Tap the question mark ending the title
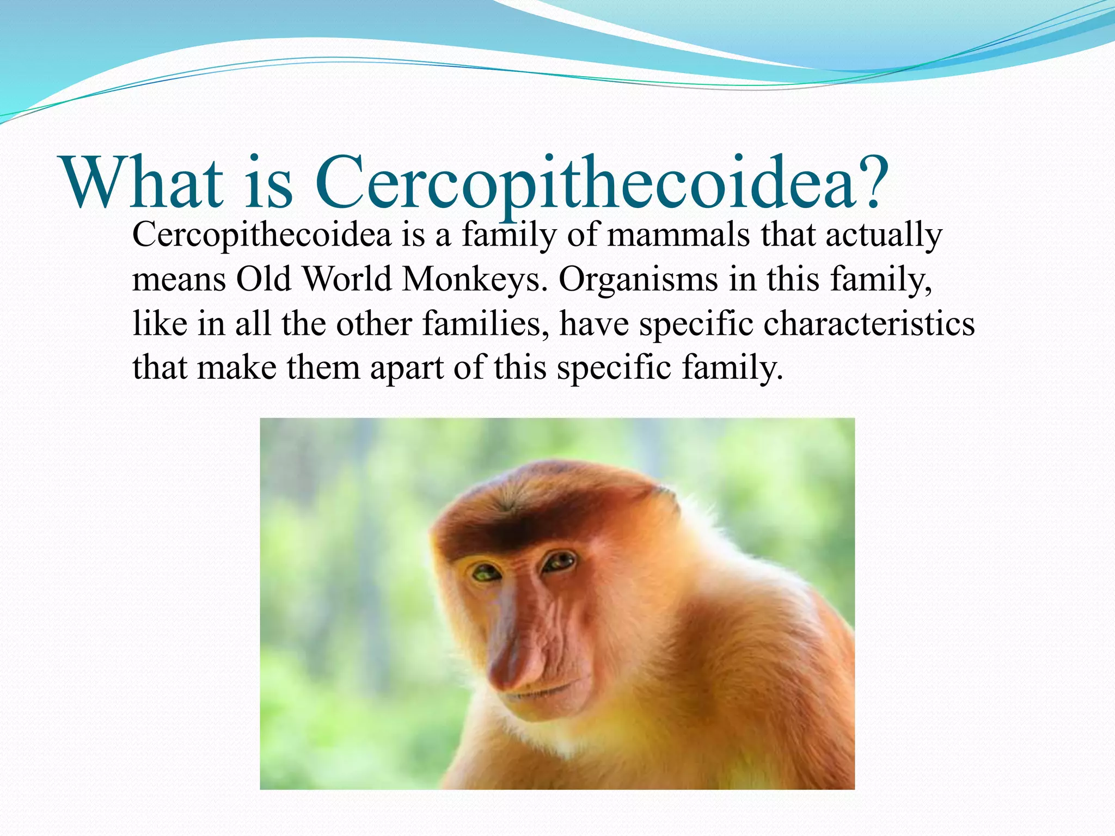869,182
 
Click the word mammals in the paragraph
678,235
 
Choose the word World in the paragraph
347,280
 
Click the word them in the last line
323,368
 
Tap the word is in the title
268,183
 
